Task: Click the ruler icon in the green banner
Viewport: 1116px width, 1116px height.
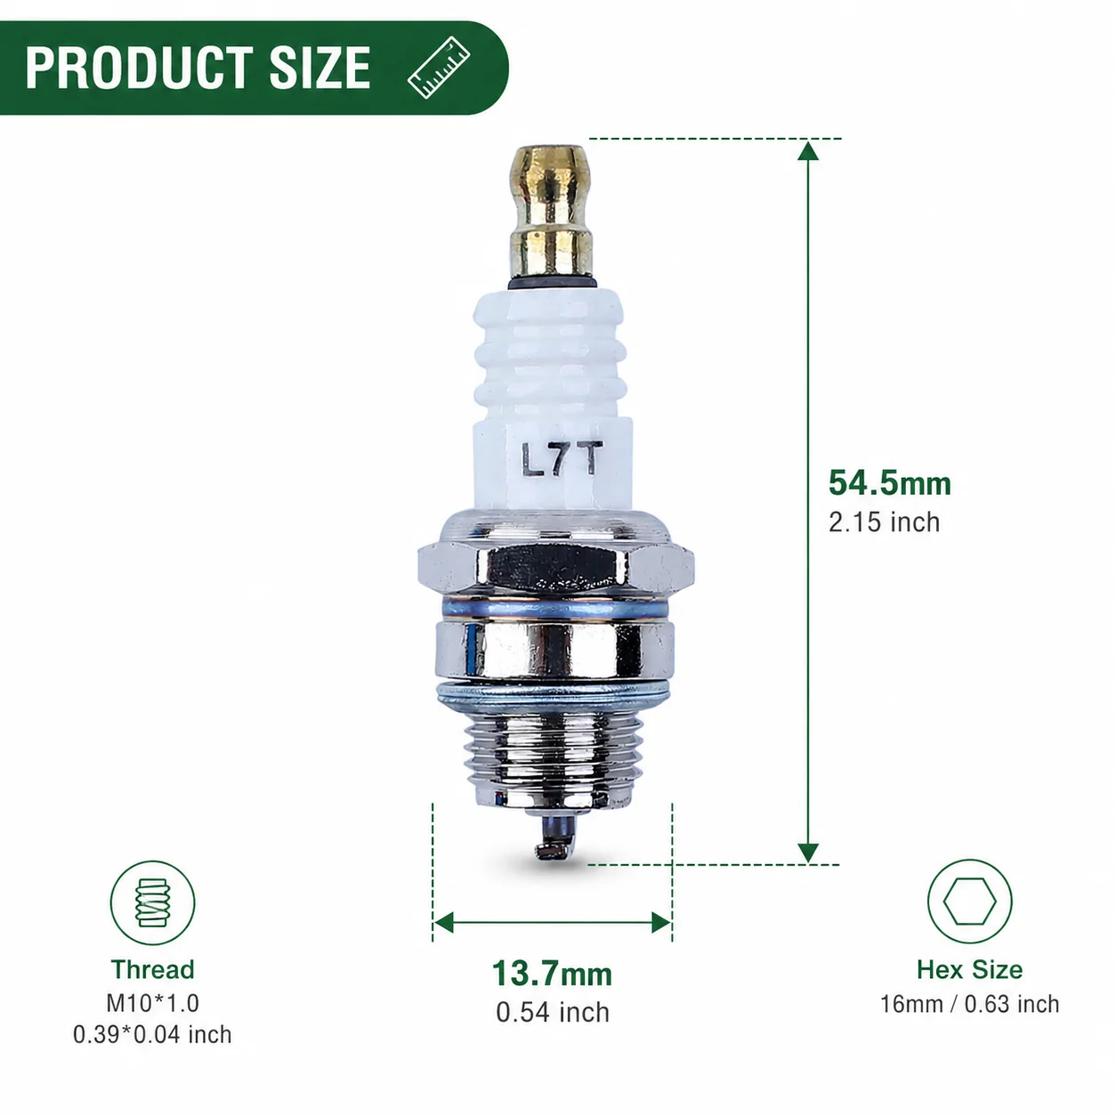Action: pos(439,68)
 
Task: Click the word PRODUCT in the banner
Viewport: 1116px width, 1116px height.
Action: pos(138,68)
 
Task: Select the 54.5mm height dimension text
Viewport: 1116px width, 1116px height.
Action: pos(889,482)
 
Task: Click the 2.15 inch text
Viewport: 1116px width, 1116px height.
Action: pos(884,522)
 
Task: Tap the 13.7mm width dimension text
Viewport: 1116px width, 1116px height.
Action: pos(552,973)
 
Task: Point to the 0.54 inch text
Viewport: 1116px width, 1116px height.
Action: pos(553,1013)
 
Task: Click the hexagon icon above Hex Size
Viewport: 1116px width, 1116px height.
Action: pos(969,902)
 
